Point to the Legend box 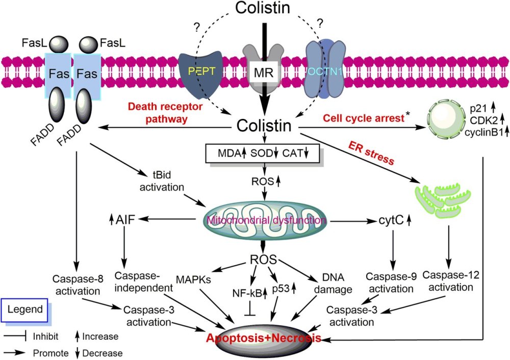click(25, 309)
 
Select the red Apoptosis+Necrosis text click(264, 339)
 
